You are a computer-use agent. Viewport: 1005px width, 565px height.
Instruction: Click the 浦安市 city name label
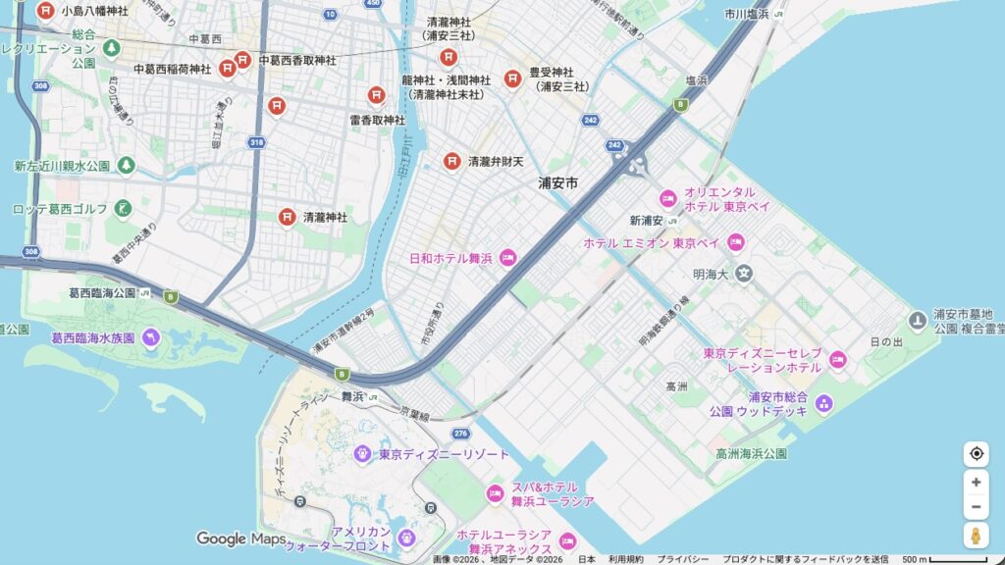tap(557, 182)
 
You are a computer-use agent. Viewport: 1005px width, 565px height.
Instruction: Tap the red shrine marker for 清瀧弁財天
tap(451, 160)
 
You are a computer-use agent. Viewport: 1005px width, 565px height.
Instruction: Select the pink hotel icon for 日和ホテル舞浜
tap(507, 258)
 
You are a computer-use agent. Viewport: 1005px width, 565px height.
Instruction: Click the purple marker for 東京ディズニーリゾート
tap(362, 453)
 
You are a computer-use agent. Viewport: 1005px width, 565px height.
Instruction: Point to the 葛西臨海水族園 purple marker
tap(150, 337)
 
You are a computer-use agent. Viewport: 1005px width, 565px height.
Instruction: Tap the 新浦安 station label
tap(648, 220)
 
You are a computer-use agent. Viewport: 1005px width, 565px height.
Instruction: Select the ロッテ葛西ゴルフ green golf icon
tap(123, 208)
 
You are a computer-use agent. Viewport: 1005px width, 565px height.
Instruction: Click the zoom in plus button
tap(976, 482)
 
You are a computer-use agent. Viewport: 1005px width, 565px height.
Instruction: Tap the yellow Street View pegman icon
tap(976, 535)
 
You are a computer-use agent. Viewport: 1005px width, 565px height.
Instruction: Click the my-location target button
tap(976, 453)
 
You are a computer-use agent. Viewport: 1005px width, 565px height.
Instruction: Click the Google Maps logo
tap(240, 539)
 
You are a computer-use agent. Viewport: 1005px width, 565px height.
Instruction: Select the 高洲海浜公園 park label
tap(751, 453)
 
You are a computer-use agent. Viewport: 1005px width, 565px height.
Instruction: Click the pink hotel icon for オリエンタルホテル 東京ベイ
tap(667, 199)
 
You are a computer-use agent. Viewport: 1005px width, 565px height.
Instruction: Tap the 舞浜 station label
tap(352, 397)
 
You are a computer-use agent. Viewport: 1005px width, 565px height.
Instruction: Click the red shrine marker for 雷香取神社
tap(377, 96)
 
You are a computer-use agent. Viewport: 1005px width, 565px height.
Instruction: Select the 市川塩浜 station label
tap(746, 14)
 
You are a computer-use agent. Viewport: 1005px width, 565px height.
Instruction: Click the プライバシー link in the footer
tap(683, 559)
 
